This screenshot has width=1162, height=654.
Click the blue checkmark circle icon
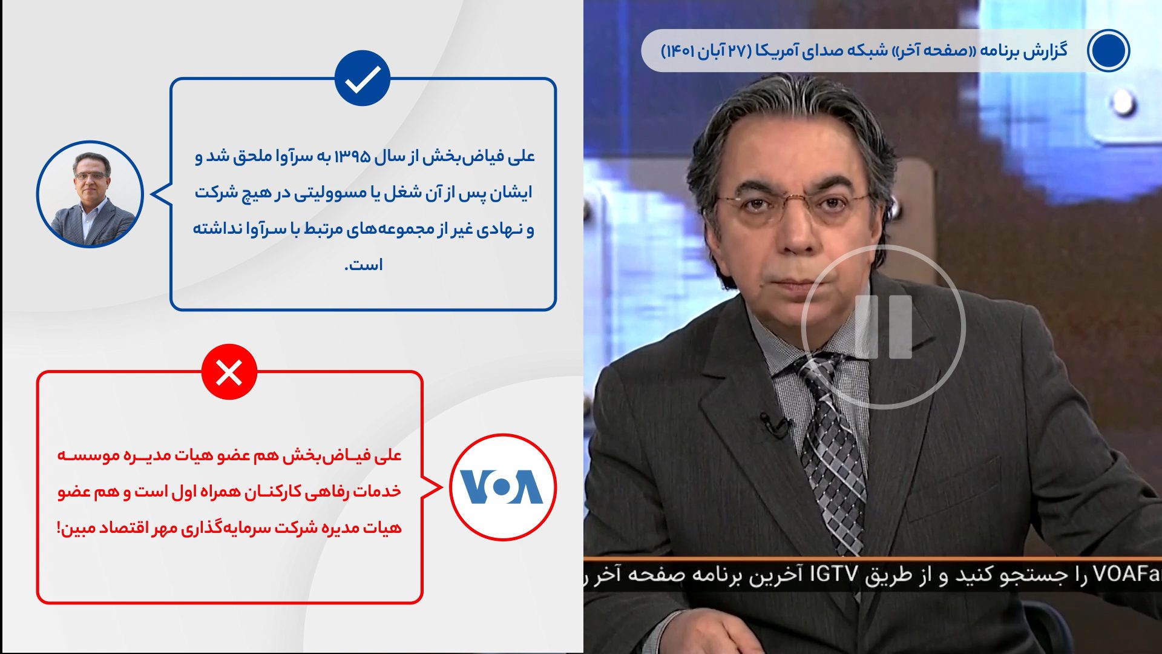363,78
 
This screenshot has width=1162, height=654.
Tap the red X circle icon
229,372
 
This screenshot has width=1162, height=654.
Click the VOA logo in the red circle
502,487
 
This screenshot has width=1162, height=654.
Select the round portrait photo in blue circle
90,194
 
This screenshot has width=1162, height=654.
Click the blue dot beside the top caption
1108,50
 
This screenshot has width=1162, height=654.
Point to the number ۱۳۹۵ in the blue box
352,157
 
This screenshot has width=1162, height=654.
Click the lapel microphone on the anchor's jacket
775,424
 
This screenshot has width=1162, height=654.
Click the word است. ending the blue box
363,265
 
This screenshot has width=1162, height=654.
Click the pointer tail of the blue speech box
160,194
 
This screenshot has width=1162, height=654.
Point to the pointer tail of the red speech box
433,487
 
